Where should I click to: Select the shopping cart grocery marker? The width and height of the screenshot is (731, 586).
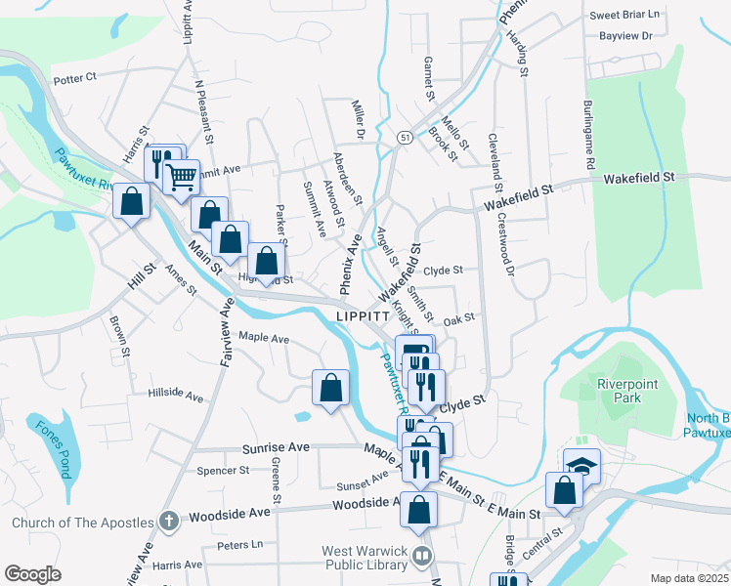[181, 177]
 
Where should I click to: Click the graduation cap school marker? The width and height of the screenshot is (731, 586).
[582, 467]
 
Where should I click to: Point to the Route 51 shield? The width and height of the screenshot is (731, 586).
[404, 139]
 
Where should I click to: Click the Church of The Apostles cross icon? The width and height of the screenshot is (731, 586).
[168, 522]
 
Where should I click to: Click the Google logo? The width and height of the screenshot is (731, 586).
[32, 574]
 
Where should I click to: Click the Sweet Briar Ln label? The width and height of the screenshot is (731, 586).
[625, 16]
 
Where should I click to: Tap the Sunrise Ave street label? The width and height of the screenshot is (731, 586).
[276, 446]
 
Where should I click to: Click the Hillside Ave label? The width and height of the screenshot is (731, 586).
[176, 398]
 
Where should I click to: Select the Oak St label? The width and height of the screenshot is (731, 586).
[458, 317]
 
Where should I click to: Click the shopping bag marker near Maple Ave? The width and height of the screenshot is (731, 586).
[330, 387]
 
